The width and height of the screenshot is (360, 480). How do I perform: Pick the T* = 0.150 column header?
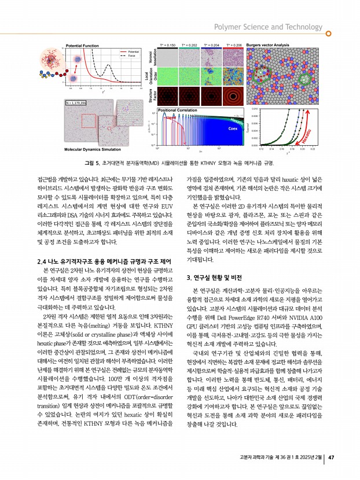point(168,44)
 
